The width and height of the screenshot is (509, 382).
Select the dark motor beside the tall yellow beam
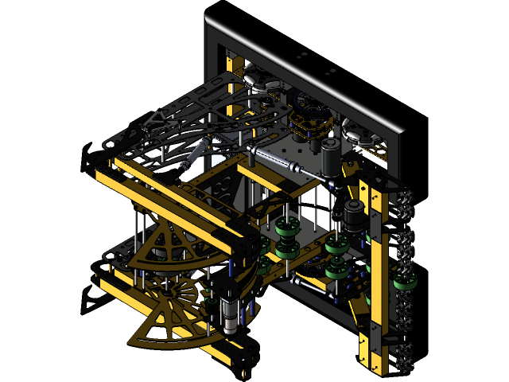coord(352,215)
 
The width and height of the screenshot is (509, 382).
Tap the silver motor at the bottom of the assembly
coord(230,316)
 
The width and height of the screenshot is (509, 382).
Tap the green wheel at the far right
coord(404,283)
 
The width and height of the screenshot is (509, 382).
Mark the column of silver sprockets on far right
coord(406,279)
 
